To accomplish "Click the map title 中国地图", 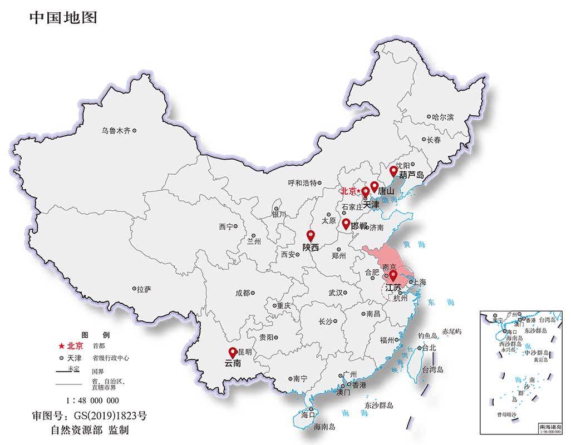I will (x=63, y=18).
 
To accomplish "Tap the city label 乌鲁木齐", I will (x=116, y=131).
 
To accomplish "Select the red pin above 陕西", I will (x=311, y=235).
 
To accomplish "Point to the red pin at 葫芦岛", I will (x=393, y=170).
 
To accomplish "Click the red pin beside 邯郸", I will (x=346, y=224).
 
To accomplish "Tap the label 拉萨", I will (x=144, y=289).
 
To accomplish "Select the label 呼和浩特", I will (x=302, y=182).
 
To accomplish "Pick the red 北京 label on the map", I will (x=349, y=191).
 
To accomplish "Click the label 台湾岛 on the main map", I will (x=432, y=369).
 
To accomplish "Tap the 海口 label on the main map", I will (x=308, y=414).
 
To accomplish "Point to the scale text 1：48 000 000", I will (x=92, y=400).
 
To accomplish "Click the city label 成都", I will (x=243, y=293).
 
